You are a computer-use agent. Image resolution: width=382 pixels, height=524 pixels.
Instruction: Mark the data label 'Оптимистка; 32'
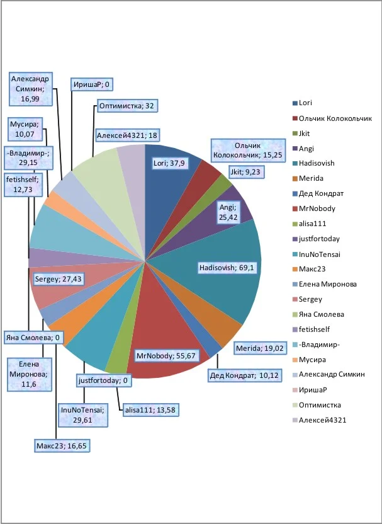[127, 106]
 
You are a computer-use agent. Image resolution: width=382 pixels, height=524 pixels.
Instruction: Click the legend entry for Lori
[305, 103]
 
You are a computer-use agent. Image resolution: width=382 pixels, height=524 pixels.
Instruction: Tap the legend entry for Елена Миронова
[327, 284]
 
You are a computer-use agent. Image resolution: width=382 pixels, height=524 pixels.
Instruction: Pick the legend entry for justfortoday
[321, 238]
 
